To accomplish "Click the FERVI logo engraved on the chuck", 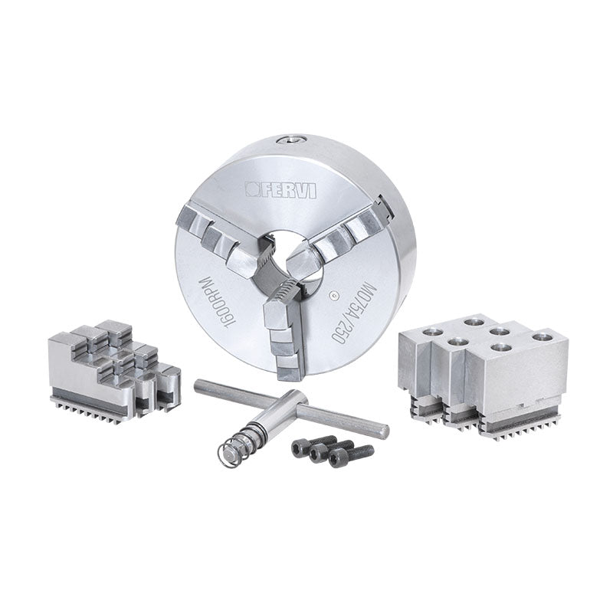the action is pyautogui.click(x=281, y=190).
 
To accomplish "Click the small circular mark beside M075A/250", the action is pyautogui.click(x=333, y=296).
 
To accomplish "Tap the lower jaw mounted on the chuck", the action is pyautogui.click(x=284, y=329).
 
